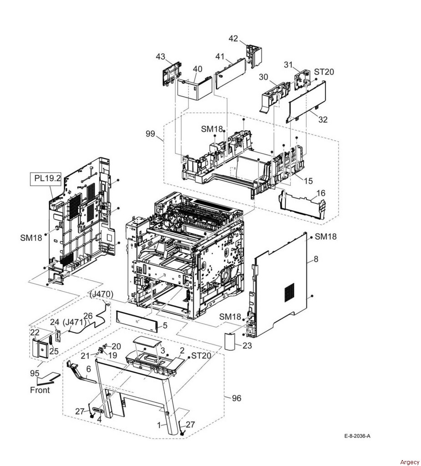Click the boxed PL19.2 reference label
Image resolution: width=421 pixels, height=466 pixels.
[x=47, y=179]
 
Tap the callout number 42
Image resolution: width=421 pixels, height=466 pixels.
[x=233, y=38]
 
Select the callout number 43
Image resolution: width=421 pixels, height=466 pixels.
[x=161, y=56]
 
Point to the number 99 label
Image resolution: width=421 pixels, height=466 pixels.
[x=151, y=134]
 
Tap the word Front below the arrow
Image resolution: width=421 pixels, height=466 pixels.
[x=40, y=390]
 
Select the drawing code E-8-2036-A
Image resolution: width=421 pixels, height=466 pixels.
[x=357, y=436]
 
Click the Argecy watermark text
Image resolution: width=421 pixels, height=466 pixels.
[x=410, y=462]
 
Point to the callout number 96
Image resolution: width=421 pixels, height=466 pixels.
[x=236, y=398]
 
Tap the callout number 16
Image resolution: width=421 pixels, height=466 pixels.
[x=321, y=193]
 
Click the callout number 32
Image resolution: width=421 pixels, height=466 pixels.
[x=323, y=119]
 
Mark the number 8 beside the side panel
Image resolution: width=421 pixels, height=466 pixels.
[x=316, y=259]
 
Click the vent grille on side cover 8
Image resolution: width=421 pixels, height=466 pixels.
[x=289, y=292]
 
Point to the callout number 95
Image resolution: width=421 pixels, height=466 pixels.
[x=35, y=373]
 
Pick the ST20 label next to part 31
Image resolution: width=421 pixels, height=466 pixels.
[x=324, y=71]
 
